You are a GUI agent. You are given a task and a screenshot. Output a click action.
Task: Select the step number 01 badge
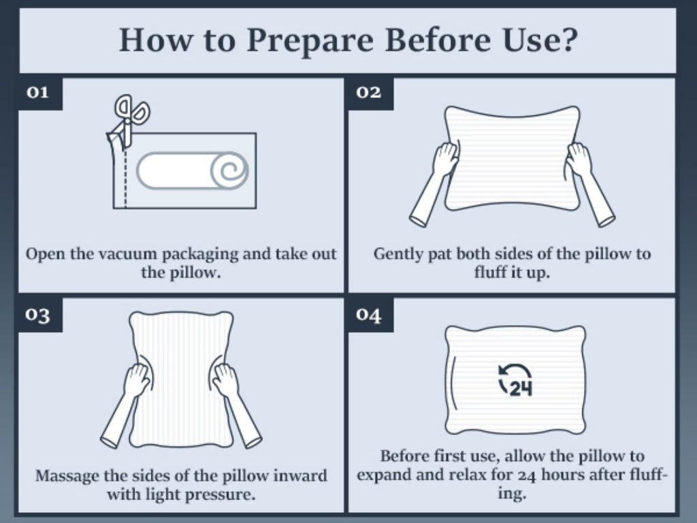(x=40, y=93)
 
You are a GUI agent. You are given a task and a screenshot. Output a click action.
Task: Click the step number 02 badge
(x=371, y=93)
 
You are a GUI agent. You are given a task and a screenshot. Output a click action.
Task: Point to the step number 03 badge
(x=40, y=315)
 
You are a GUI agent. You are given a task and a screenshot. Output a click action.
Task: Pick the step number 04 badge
(x=371, y=315)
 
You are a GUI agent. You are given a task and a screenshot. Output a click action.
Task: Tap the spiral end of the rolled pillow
(x=229, y=171)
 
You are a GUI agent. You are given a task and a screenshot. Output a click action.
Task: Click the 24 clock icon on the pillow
(x=516, y=380)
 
